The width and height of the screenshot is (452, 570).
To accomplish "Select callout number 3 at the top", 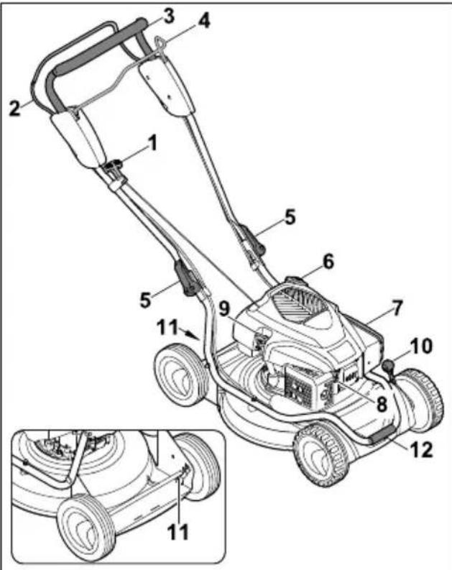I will (x=167, y=14).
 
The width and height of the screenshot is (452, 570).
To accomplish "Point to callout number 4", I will (x=204, y=21).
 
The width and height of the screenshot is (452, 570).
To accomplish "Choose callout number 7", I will (x=397, y=308).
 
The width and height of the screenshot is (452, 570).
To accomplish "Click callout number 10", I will (x=422, y=346).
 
